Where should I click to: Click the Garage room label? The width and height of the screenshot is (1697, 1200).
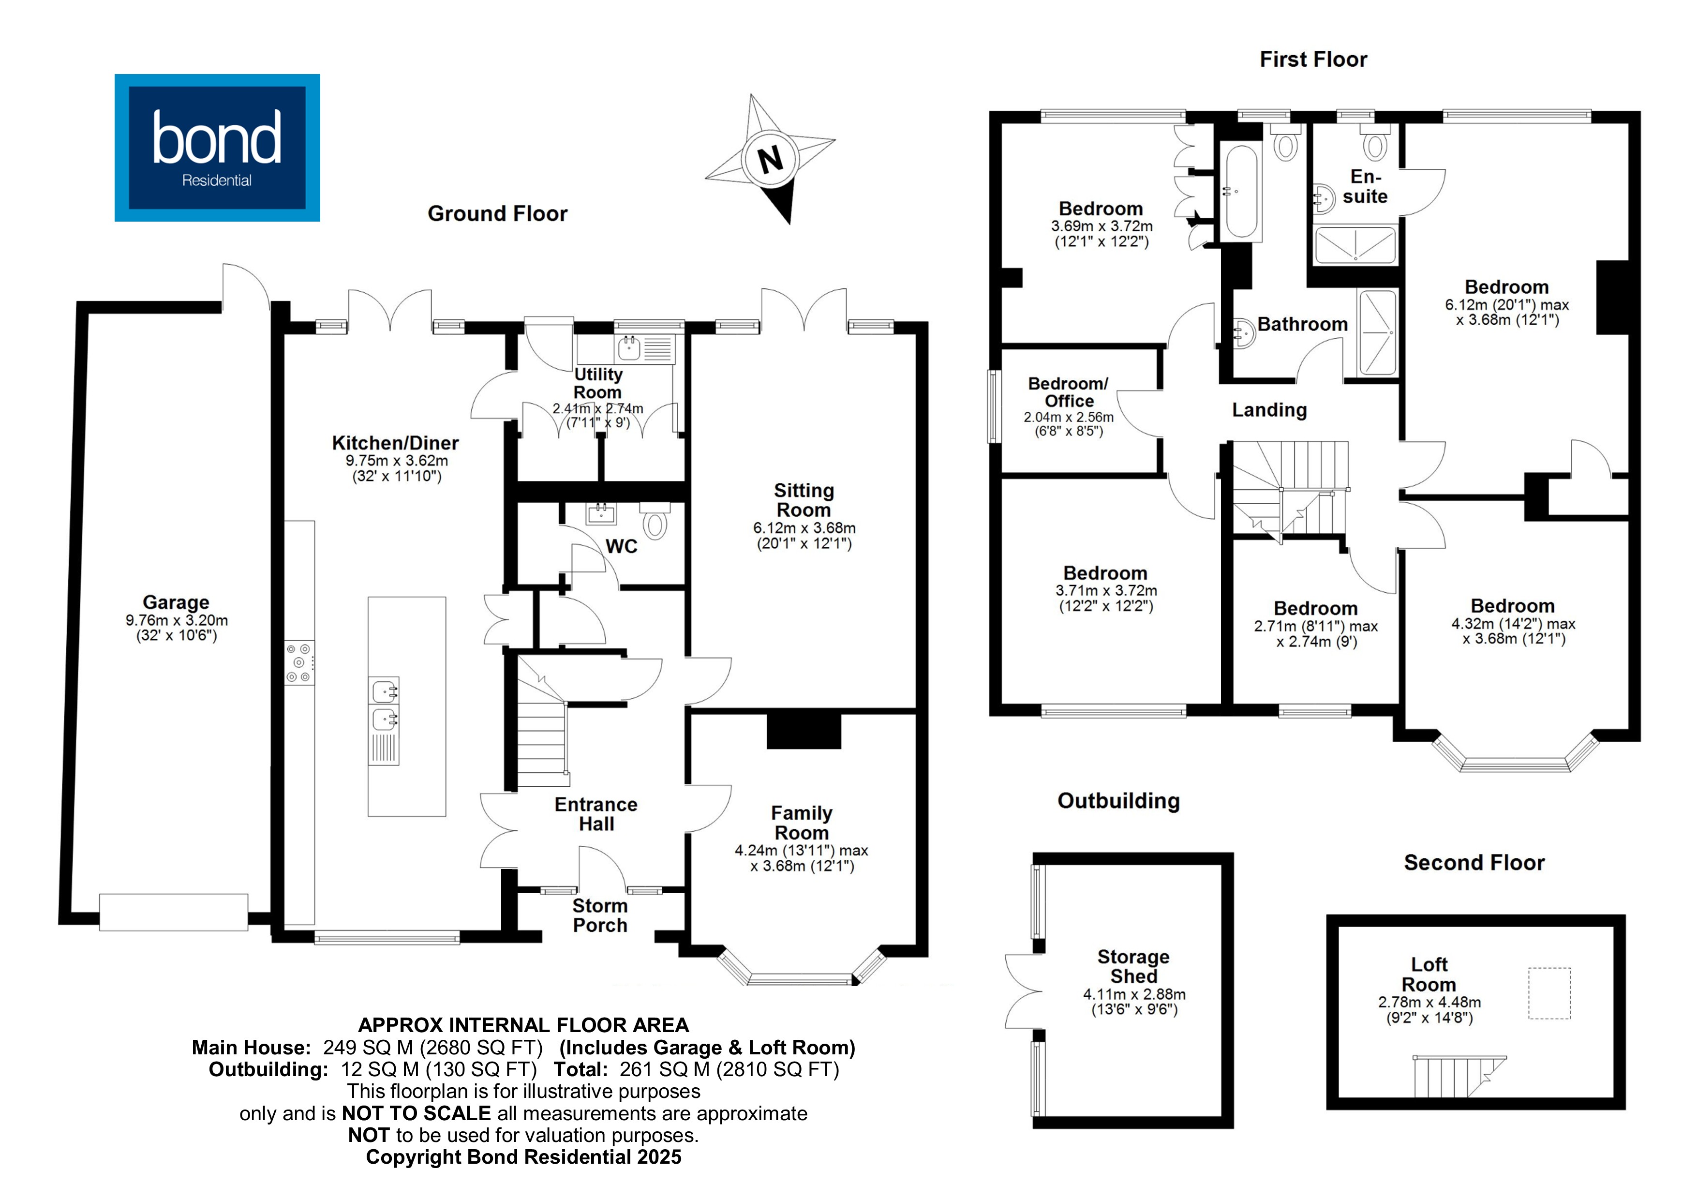tap(176, 602)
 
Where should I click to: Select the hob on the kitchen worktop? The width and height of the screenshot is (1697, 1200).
tap(299, 662)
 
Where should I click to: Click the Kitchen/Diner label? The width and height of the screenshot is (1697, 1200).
tap(395, 443)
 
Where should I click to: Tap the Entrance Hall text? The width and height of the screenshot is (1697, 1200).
tap(595, 814)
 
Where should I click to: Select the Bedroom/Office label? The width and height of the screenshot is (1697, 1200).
tap(1068, 392)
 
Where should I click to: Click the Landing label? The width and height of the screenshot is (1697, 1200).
tap(1269, 410)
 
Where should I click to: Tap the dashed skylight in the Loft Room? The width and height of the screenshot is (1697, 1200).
tap(1549, 993)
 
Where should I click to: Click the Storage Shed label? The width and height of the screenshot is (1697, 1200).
tap(1133, 966)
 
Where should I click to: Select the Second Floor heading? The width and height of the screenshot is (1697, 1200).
tap(1474, 863)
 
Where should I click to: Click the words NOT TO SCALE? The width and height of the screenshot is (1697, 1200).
tap(416, 1113)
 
